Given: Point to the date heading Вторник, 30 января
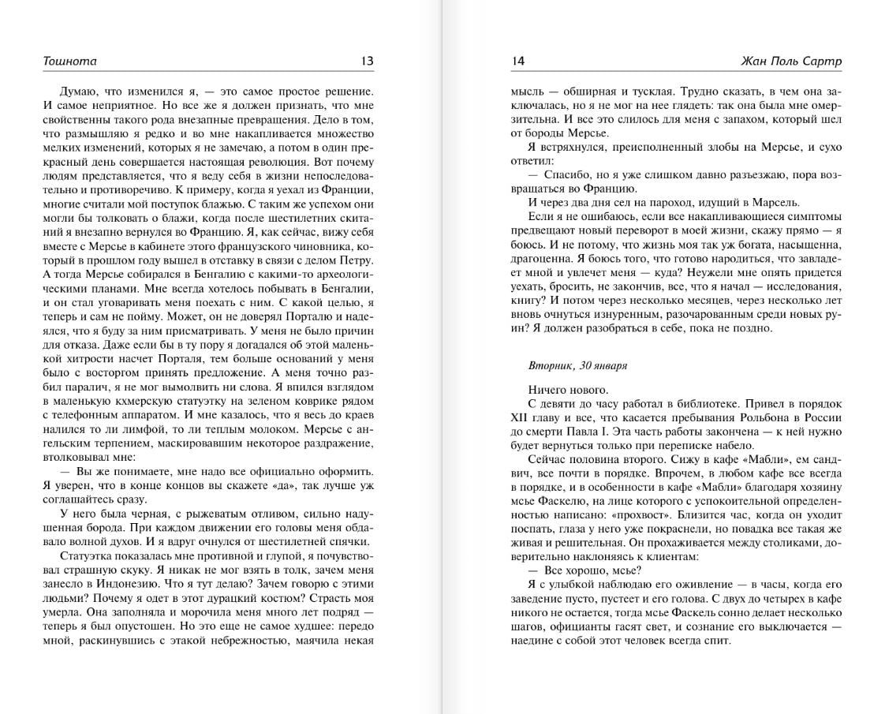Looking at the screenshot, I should click(x=578, y=366).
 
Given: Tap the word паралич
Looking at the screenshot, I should click(x=81, y=387).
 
